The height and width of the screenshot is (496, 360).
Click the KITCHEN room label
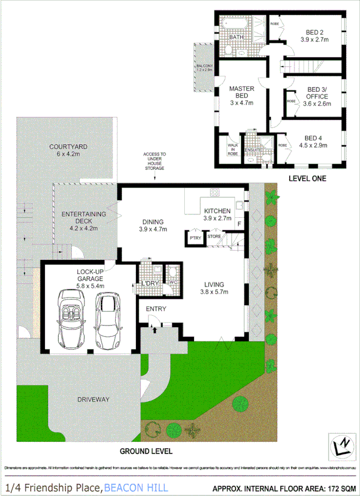[217, 211]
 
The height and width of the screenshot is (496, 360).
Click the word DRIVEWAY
[93, 400]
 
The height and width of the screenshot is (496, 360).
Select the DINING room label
[152, 222]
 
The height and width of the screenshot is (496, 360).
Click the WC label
[172, 281]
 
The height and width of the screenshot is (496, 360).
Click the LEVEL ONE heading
[307, 178]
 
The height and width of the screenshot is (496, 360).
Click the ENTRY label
[156, 309]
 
